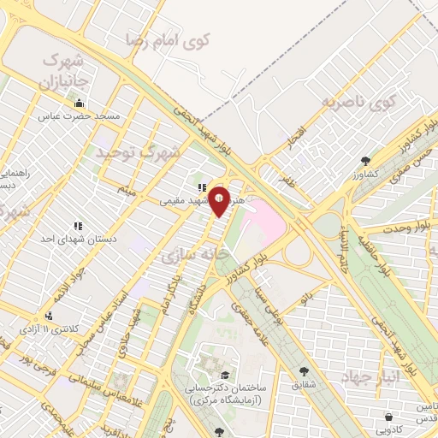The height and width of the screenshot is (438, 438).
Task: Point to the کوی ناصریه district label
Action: (360, 104)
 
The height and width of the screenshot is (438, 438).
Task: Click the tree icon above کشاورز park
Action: (366, 160)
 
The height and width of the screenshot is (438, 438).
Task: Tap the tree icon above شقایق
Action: (303, 371)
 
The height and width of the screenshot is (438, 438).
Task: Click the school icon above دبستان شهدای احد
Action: (77, 226)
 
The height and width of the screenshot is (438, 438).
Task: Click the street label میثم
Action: (127, 189)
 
